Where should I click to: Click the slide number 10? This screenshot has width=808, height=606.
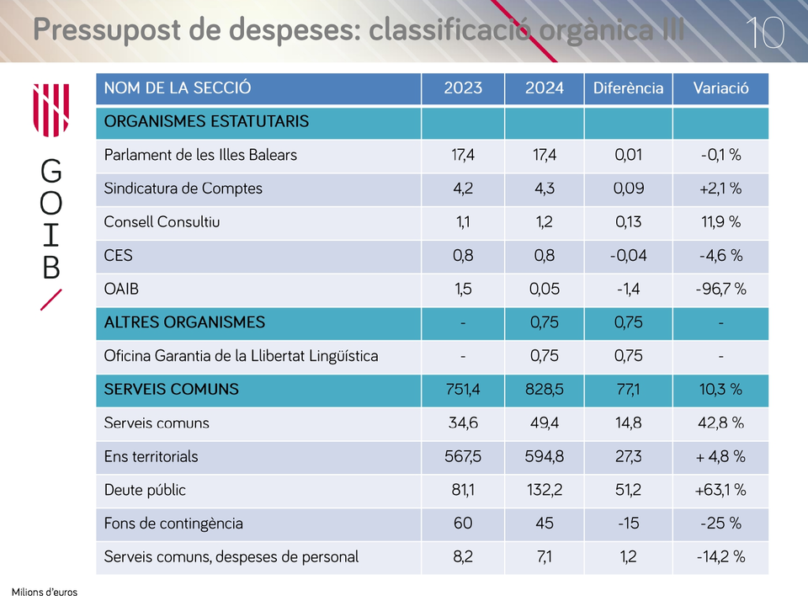(x=765, y=33)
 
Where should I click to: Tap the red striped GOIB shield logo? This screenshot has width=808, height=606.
(x=51, y=110)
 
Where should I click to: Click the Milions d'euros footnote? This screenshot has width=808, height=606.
(x=45, y=592)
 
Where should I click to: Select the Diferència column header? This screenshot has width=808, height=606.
(x=628, y=88)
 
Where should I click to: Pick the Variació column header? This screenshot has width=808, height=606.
(x=720, y=88)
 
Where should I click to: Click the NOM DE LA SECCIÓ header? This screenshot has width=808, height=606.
(x=178, y=88)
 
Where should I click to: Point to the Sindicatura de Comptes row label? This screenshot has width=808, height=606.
(x=183, y=189)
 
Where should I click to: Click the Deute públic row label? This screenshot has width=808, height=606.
(x=145, y=490)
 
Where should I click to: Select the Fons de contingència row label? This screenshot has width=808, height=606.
(x=173, y=524)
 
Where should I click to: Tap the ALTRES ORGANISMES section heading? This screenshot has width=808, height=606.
(x=184, y=322)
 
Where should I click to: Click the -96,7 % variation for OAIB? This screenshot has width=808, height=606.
(x=720, y=289)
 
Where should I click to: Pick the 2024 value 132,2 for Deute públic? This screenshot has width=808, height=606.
(x=545, y=490)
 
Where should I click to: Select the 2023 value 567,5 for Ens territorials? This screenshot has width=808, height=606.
(x=463, y=456)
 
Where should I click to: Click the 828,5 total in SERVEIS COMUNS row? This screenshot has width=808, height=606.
(x=545, y=389)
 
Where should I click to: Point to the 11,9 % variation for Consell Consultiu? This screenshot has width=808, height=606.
(x=720, y=222)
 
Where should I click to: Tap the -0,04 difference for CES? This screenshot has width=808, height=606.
(x=628, y=256)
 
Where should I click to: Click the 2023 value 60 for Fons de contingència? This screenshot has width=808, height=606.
(x=463, y=524)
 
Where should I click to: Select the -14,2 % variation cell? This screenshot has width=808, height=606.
(x=720, y=557)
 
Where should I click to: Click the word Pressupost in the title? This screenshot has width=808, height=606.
(x=107, y=30)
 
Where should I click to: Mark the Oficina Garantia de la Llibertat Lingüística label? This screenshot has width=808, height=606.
(x=241, y=356)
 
